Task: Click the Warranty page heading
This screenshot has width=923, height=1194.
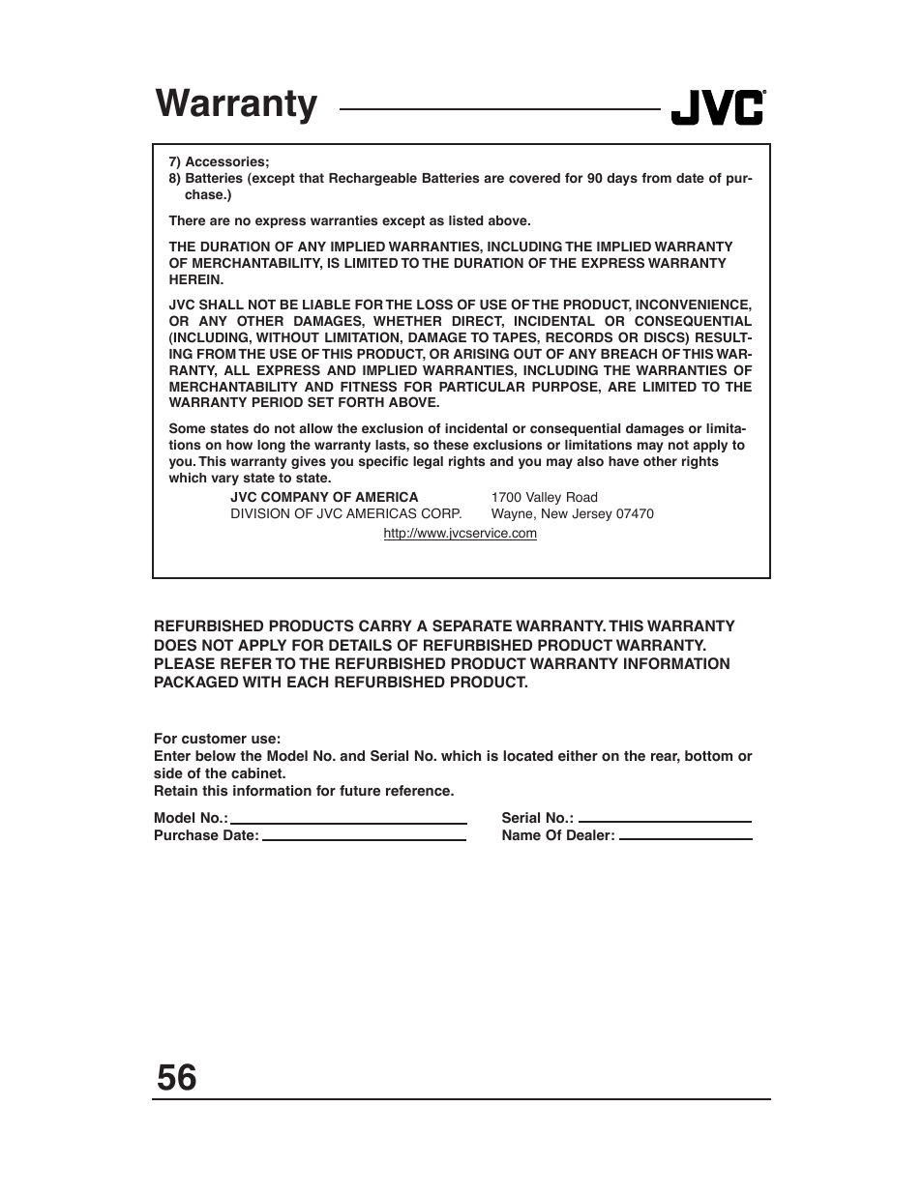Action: coord(236,104)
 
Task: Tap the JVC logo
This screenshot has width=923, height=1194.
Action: coord(718,108)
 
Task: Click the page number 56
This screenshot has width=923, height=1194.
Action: coord(176,1077)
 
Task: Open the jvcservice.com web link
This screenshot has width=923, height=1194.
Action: coord(460,534)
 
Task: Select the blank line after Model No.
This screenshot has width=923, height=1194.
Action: coord(348,820)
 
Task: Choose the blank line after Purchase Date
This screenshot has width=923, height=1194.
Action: coord(364,837)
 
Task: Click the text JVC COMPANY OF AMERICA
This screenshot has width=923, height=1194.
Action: coord(324,498)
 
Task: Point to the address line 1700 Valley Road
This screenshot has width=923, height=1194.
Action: coord(544,498)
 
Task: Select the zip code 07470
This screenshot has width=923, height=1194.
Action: coord(635,514)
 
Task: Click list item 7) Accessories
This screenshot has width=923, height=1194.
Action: coord(219,162)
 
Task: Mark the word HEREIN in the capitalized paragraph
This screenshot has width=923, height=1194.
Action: coord(196,280)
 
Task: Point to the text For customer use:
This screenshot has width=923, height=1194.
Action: coord(217,739)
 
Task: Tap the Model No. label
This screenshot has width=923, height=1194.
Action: coord(190,819)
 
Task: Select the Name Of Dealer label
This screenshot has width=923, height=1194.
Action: coord(557,836)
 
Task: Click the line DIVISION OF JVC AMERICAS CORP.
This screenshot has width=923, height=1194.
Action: coord(345,514)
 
